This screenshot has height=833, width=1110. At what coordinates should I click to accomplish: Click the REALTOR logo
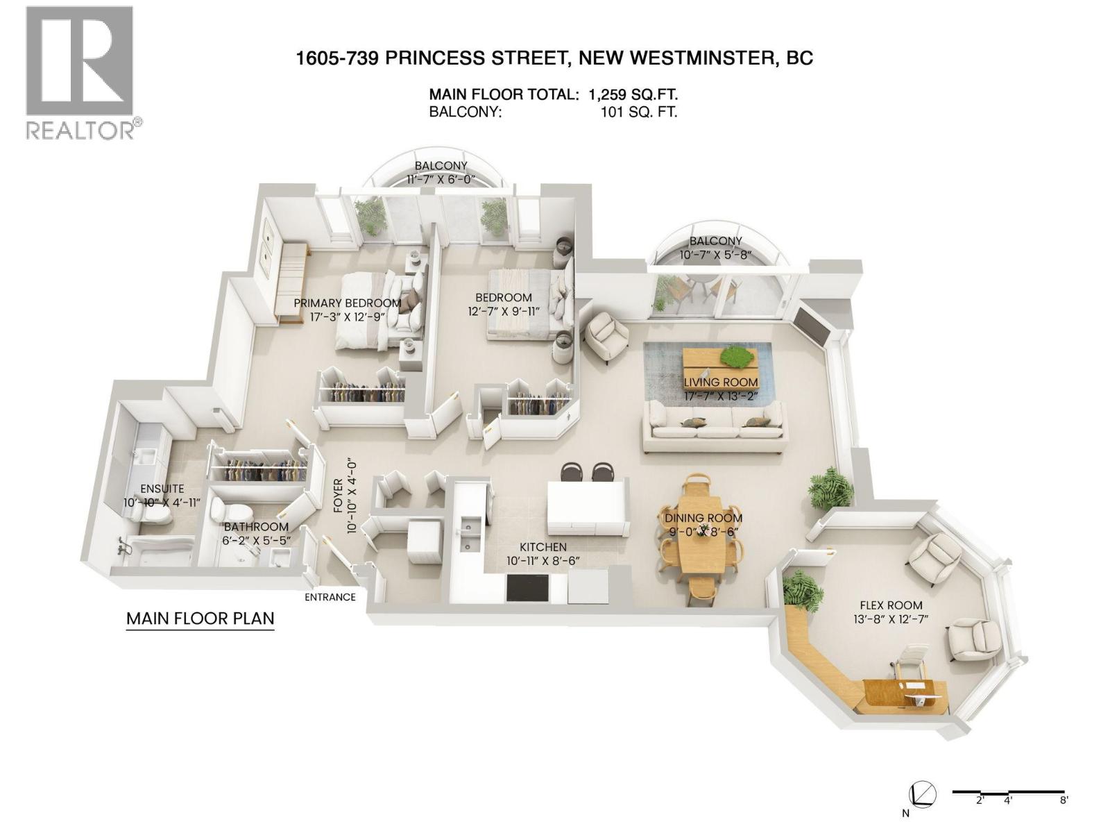click(x=80, y=73)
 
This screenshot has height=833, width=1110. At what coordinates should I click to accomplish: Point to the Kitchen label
click(x=543, y=548)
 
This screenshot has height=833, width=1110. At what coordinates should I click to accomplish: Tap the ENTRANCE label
click(x=330, y=597)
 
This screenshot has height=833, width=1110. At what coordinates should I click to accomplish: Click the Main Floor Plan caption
click(x=200, y=619)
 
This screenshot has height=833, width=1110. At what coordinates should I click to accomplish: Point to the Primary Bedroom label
click(x=347, y=303)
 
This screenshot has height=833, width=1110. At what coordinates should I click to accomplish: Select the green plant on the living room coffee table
click(x=736, y=356)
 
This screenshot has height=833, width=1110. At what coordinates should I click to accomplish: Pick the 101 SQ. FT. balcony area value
click(x=638, y=112)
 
